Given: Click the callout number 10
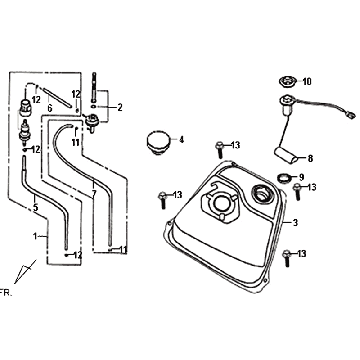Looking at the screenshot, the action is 307,82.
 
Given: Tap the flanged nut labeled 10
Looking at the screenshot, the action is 286,82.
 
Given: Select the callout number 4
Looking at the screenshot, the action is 182,140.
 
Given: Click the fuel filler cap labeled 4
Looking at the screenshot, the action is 158,143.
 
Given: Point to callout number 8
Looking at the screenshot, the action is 310,159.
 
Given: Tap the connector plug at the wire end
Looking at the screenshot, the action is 351,115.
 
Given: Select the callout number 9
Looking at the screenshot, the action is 302,177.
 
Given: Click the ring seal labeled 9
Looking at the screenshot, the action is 284,177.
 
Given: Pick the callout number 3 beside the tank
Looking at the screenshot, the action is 295,223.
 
